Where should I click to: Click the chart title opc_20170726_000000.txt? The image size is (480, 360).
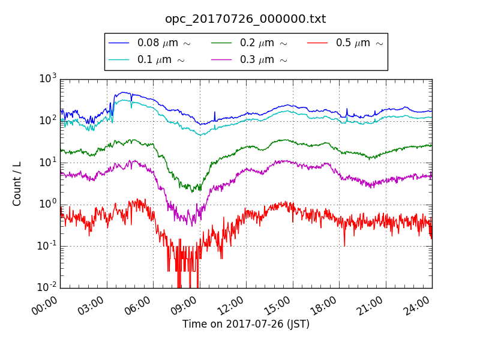click(245, 19)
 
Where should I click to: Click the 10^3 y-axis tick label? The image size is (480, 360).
click(48, 79)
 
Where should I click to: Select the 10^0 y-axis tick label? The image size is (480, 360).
click(48, 204)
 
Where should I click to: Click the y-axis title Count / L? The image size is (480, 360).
click(17, 184)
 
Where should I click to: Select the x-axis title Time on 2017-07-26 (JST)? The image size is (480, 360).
click(246, 324)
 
